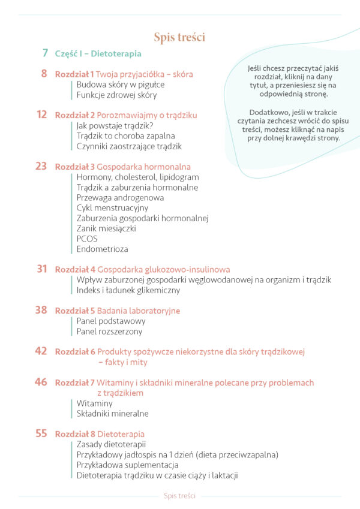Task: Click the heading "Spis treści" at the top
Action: coord(179,38)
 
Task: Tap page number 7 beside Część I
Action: coord(45,53)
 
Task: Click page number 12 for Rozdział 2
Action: coord(41,115)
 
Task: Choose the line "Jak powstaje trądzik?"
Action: coord(115,125)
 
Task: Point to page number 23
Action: coord(41,167)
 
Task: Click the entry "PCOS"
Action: coord(87,239)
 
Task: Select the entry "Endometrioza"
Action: coord(102,249)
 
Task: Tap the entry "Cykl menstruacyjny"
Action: coord(112,207)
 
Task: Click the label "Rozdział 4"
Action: coord(75,270)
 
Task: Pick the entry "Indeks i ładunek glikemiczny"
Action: coord(128,290)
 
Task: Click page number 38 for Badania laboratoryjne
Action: coord(41,311)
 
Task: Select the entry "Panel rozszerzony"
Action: coord(109,332)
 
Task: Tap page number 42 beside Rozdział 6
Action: coord(41,351)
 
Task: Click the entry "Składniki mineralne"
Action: coord(112,414)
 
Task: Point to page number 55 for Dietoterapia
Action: coord(41,433)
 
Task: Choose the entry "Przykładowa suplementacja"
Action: coord(127,465)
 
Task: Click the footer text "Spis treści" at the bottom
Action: coord(179,496)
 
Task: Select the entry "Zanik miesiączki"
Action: coord(106,228)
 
